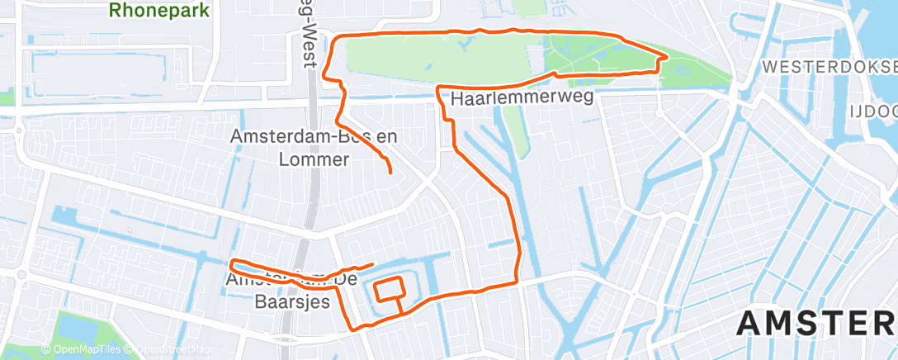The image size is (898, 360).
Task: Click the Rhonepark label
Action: click(x=158, y=12)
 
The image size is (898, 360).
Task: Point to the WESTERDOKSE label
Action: click(x=830, y=65)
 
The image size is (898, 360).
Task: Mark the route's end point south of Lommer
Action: click(x=390, y=172)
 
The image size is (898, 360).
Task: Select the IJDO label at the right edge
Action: click(x=876, y=109)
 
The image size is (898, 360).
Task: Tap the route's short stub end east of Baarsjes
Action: click(x=373, y=264)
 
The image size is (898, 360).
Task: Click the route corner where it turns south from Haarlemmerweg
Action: click(x=438, y=87)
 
